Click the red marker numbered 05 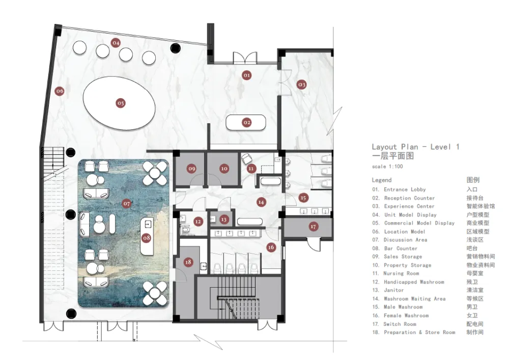coord(121,103)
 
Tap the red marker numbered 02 coord(247,122)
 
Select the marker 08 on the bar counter coord(147,238)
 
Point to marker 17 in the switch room coord(313,227)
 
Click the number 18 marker coord(188,262)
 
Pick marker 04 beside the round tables coord(116,43)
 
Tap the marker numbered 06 coord(60,91)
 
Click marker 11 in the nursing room coord(251,169)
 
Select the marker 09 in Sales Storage coord(192,169)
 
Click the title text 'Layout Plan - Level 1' coord(415,147)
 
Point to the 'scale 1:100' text coord(387,167)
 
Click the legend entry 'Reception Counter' coord(409,198)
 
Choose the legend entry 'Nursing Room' coord(401,273)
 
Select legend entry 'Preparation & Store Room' coord(419,333)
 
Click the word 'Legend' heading coord(382,180)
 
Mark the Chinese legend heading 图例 coord(473,180)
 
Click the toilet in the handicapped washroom coord(186,230)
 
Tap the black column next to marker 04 coord(175,48)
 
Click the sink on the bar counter coord(148,224)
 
